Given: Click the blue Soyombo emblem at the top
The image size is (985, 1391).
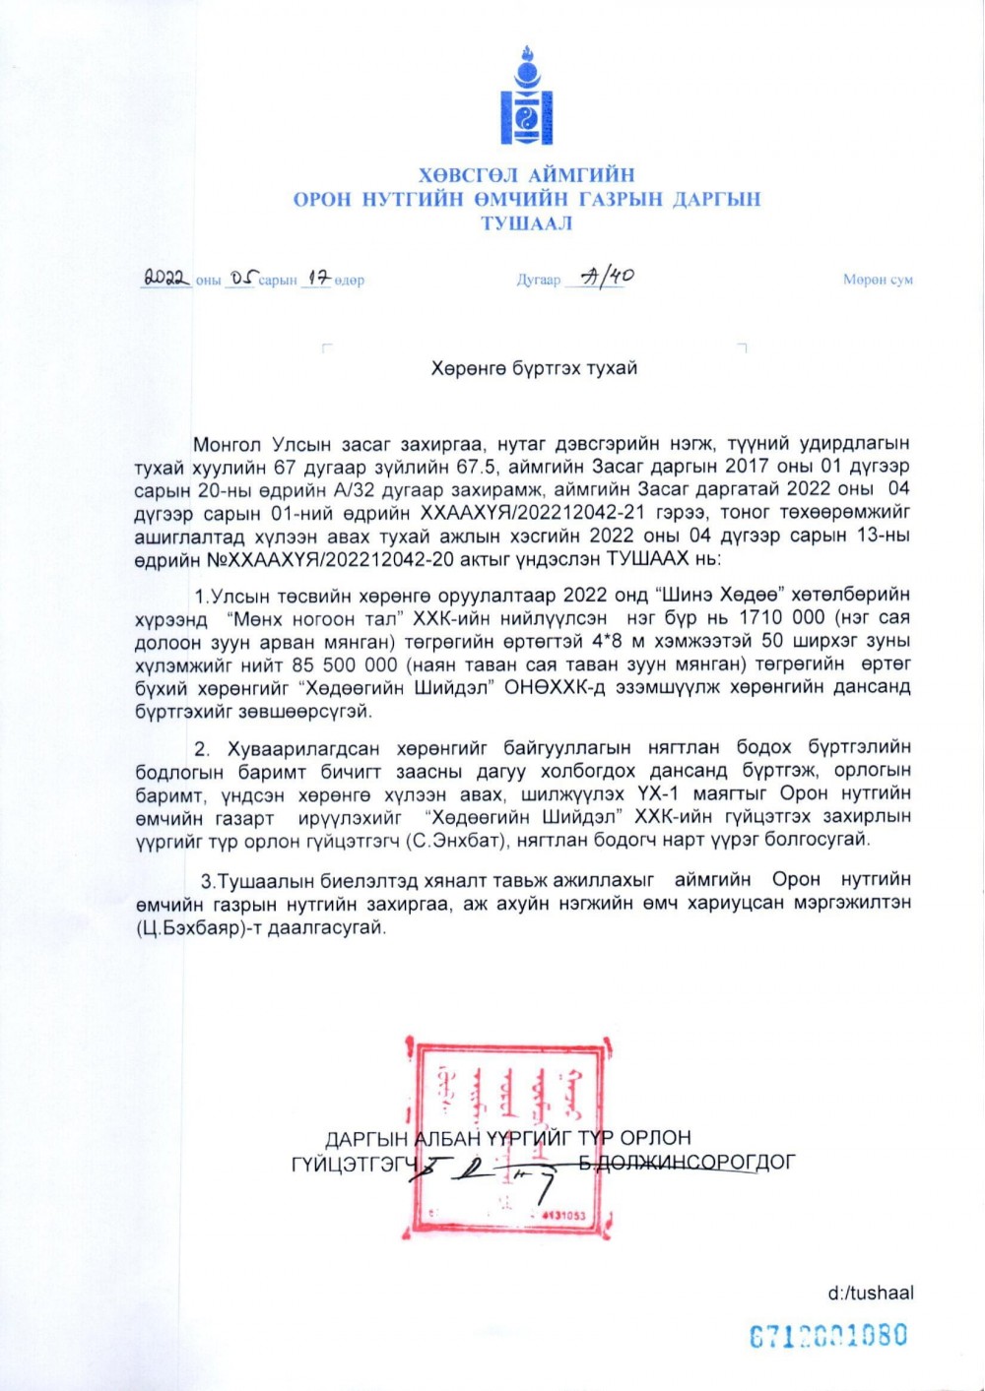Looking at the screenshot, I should [x=527, y=97].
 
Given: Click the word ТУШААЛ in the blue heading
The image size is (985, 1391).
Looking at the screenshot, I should [x=526, y=222].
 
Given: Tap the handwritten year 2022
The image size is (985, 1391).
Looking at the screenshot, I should [x=165, y=279].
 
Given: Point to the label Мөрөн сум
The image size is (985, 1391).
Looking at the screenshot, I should [x=878, y=280].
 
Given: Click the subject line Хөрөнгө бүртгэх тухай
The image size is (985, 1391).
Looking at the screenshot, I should [x=534, y=368].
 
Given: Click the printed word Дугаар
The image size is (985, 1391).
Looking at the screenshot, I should [x=538, y=281].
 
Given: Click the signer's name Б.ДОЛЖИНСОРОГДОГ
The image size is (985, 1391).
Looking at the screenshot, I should [x=687, y=1162].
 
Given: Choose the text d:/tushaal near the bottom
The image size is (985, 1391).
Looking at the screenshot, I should [x=870, y=1293].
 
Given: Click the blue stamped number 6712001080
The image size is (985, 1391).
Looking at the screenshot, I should [x=827, y=1336].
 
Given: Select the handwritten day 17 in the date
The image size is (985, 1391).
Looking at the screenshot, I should [x=315, y=279].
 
